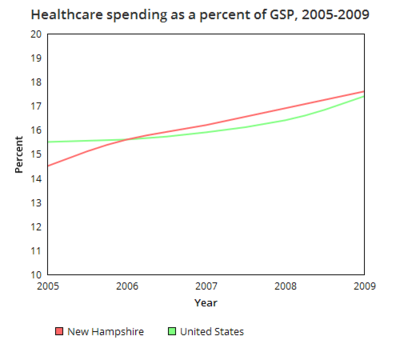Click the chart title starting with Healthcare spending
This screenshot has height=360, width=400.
(x=198, y=16)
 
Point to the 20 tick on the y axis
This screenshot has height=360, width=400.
(x=35, y=34)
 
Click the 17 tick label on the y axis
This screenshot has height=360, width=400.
(x=35, y=106)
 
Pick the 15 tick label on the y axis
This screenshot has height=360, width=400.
(x=35, y=154)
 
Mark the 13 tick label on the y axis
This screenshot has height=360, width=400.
(x=35, y=202)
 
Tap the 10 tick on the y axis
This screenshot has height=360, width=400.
(x=35, y=274)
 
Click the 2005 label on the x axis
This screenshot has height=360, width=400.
(x=47, y=285)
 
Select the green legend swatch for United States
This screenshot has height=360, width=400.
(x=173, y=331)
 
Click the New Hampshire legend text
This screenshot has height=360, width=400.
(x=106, y=331)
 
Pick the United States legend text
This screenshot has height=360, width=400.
(x=213, y=331)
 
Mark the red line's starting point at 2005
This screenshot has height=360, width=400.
(x=47, y=166)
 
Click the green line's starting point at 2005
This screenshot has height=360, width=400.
(x=47, y=142)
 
